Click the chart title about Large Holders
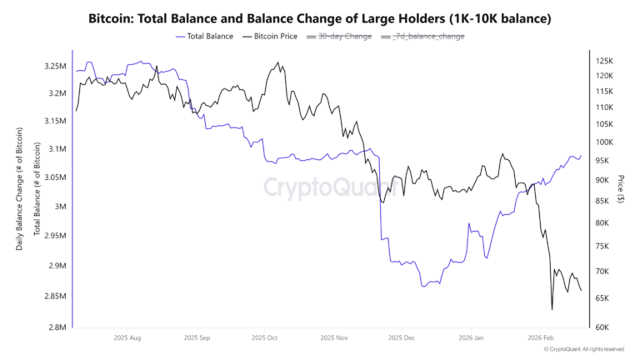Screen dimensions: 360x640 pyautogui.click(x=320, y=17)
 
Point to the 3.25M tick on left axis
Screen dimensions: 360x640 pyautogui.click(x=56, y=66)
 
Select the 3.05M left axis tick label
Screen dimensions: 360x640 pyautogui.click(x=56, y=177)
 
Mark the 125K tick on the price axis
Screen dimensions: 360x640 pyautogui.click(x=604, y=62)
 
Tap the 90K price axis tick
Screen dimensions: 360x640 pyautogui.click(x=602, y=180)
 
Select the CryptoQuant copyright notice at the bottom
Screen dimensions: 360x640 pyautogui.click(x=582, y=350)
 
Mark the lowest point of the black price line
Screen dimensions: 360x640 pyautogui.click(x=552, y=310)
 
